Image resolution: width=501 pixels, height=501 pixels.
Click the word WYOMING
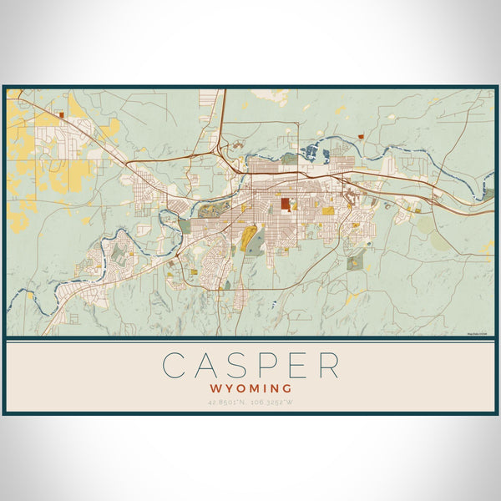[x=250, y=388]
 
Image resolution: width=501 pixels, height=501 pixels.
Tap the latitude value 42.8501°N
[x=228, y=403]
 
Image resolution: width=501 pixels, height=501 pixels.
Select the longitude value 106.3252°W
[x=274, y=403]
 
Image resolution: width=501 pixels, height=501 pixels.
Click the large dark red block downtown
[x=285, y=203]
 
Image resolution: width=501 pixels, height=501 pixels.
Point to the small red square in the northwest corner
[x=62, y=113]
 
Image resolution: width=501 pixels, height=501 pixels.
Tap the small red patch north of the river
[x=360, y=135]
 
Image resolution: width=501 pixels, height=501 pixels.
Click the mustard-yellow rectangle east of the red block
[x=327, y=211]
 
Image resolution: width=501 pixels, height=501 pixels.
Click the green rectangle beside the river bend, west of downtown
[x=184, y=225]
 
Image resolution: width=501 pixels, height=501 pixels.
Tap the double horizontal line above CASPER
[x=250, y=342]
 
